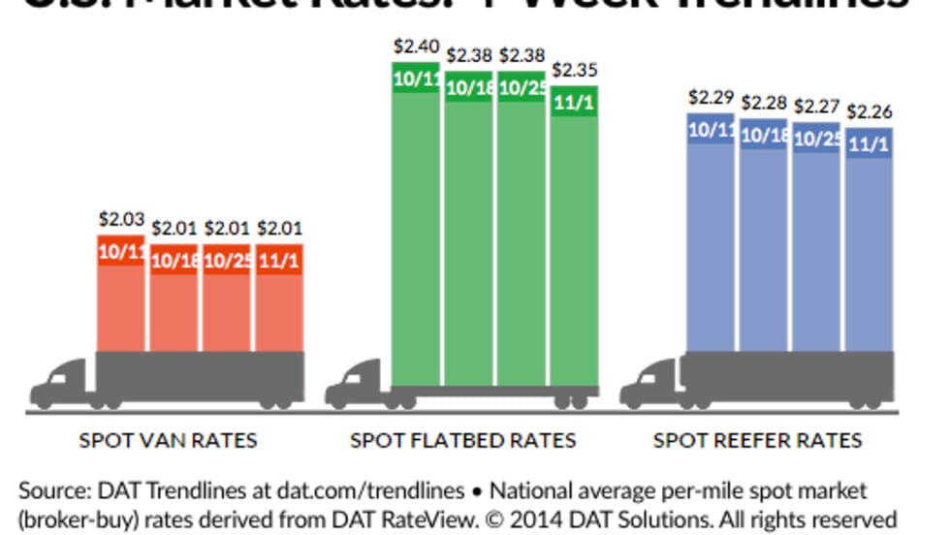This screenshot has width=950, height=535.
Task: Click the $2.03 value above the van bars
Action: pyautogui.click(x=121, y=220)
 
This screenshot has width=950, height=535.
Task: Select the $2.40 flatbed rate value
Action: pyautogui.click(x=416, y=46)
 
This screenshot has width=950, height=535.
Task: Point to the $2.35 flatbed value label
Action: pyautogui.click(x=574, y=70)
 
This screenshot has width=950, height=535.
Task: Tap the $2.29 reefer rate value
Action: pyautogui.click(x=711, y=97)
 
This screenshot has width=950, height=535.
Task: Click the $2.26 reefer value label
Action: pyautogui.click(x=870, y=111)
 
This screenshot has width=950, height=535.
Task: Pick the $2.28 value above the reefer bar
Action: pyautogui.click(x=764, y=102)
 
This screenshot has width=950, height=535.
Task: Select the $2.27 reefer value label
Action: pyautogui.click(x=817, y=107)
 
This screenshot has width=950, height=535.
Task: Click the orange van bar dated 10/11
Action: pyautogui.click(x=121, y=300)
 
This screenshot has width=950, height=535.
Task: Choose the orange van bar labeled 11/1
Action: pyautogui.click(x=279, y=305)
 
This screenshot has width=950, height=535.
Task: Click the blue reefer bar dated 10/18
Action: pyautogui.click(x=764, y=242)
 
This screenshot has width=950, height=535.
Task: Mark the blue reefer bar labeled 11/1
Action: pyautogui.click(x=870, y=247)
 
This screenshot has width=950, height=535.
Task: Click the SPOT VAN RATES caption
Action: pyautogui.click(x=169, y=441)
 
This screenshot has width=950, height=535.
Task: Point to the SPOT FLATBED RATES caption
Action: pyautogui.click(x=463, y=441)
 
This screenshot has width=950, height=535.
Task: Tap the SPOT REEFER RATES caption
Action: pyautogui.click(x=758, y=441)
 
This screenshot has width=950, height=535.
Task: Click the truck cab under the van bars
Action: pyautogui.click(x=60, y=383)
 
